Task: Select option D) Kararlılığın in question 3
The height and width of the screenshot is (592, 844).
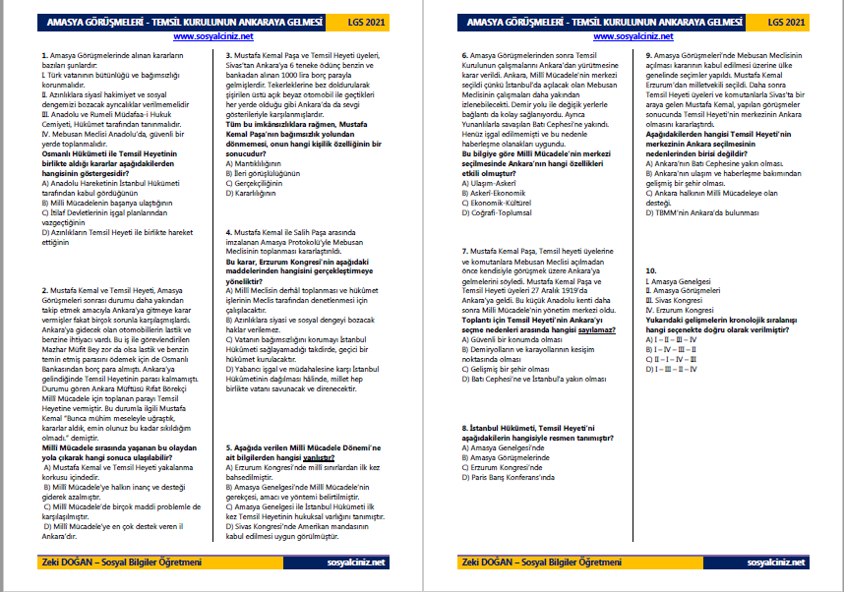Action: click(x=254, y=194)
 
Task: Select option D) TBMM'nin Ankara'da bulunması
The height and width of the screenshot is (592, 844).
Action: click(x=701, y=211)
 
